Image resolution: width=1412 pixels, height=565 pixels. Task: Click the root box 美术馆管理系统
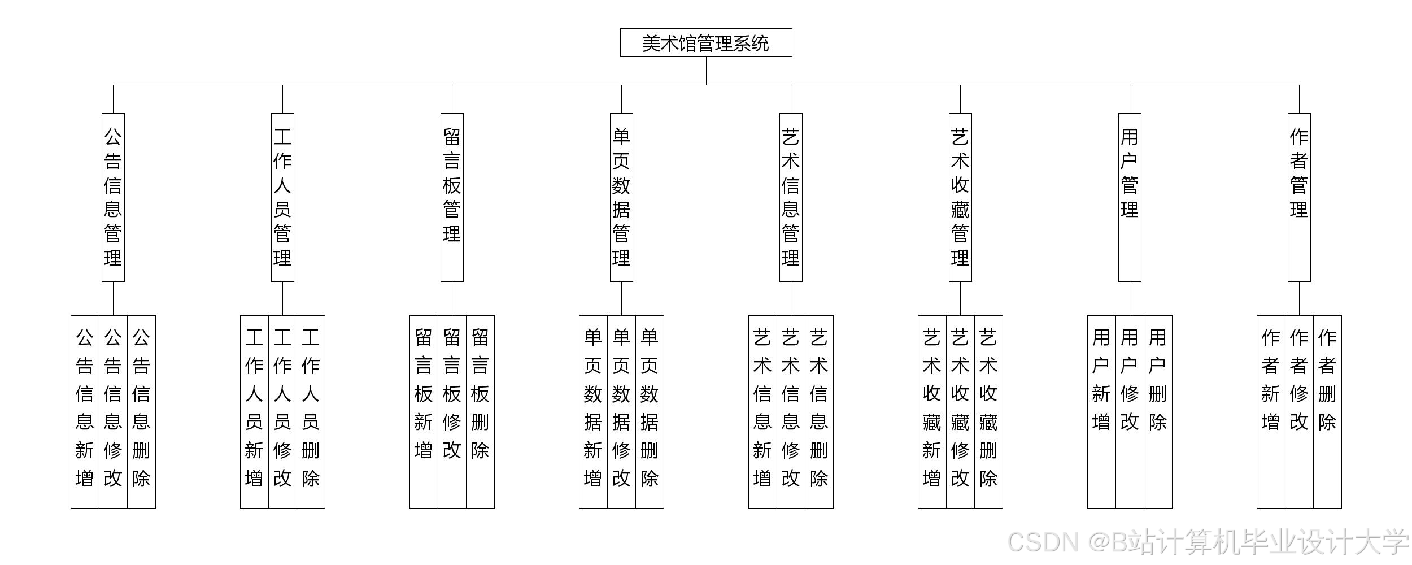click(x=706, y=43)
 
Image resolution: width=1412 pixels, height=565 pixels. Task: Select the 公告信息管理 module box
click(x=113, y=197)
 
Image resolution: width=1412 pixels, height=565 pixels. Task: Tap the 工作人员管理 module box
click(x=282, y=197)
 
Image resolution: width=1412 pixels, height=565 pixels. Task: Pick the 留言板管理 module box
click(x=452, y=197)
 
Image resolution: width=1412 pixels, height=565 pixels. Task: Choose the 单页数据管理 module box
click(x=621, y=197)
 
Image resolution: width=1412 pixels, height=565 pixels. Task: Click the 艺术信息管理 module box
click(x=791, y=197)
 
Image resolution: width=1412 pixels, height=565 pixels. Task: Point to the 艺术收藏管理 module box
click(x=960, y=197)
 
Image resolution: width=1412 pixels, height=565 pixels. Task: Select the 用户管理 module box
click(x=1130, y=197)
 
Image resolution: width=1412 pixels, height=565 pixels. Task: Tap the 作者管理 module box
click(x=1299, y=197)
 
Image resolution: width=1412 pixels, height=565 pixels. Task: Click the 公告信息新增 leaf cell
click(x=85, y=411)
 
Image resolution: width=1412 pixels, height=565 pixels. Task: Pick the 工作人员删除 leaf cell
click(x=311, y=411)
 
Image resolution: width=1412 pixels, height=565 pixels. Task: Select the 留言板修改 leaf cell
click(x=452, y=411)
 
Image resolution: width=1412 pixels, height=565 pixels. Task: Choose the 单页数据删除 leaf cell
click(x=650, y=411)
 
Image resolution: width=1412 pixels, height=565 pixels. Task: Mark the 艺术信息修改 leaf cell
click(x=791, y=411)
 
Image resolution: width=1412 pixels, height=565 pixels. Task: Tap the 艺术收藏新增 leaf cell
click(x=932, y=411)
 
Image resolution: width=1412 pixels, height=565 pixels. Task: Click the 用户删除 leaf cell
click(x=1158, y=411)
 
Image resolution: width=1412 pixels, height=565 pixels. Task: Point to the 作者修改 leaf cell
click(x=1299, y=411)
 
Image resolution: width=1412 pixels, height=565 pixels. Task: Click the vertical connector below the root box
click(x=706, y=71)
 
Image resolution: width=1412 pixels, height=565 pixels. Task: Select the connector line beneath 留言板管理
click(x=452, y=298)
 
